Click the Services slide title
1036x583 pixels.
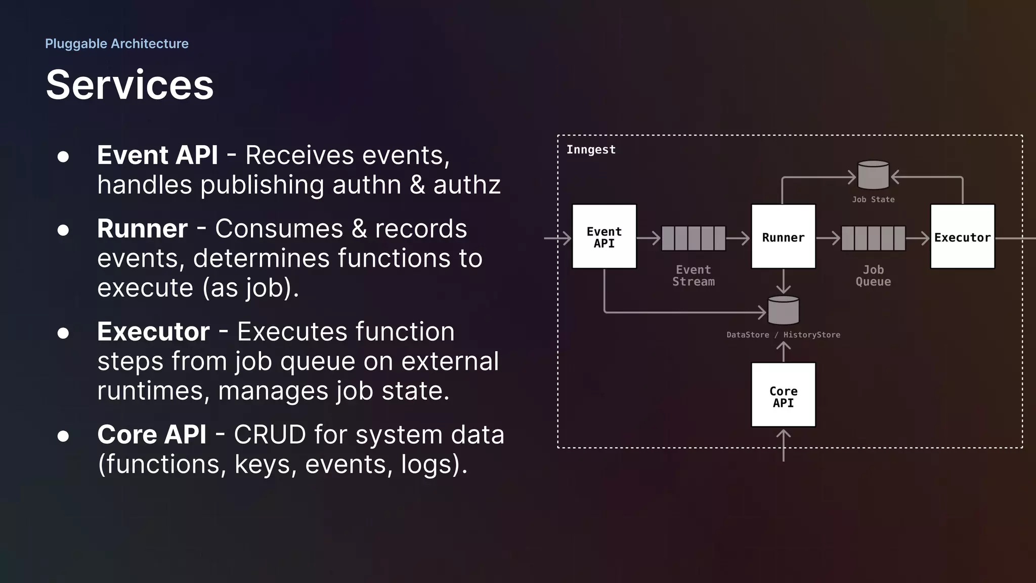click(x=129, y=85)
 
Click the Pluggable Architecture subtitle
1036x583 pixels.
click(x=116, y=44)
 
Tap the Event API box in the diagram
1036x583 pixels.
click(x=604, y=237)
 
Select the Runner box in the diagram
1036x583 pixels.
click(x=783, y=237)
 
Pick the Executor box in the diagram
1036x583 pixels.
click(x=962, y=237)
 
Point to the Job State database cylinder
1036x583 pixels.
click(x=873, y=175)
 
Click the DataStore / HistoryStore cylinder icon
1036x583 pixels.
click(x=783, y=310)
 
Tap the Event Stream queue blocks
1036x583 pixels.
click(x=693, y=238)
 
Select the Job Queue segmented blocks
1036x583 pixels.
click(x=873, y=238)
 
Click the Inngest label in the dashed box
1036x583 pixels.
click(x=591, y=150)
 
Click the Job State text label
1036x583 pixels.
click(x=873, y=200)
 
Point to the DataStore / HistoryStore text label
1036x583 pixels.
click(x=783, y=335)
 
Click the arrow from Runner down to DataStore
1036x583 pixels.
click(x=783, y=281)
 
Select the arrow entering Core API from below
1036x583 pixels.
click(x=783, y=445)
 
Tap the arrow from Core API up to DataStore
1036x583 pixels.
click(x=783, y=352)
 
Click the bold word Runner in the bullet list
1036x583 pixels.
click(x=142, y=229)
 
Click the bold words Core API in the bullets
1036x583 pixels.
click(x=152, y=435)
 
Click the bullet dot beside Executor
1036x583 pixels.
click(x=63, y=333)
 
